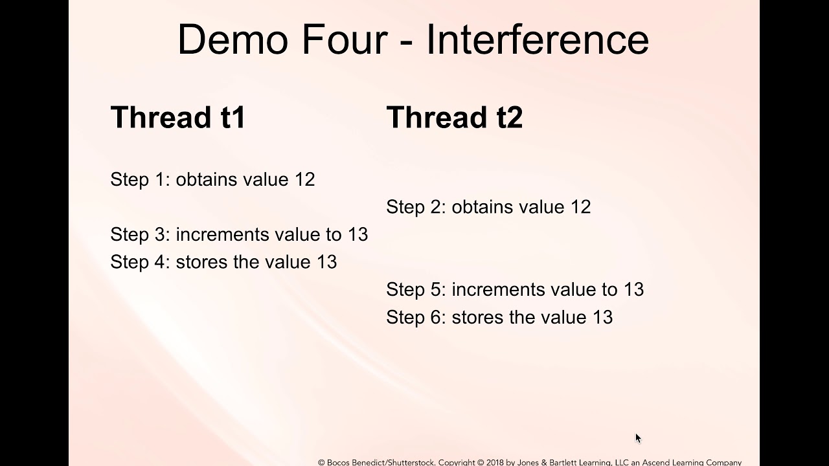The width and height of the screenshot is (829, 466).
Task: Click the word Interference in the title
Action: pyautogui.click(x=537, y=39)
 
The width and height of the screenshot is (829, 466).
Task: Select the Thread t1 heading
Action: pyautogui.click(x=178, y=118)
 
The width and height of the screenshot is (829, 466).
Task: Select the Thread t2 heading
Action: pyautogui.click(x=454, y=118)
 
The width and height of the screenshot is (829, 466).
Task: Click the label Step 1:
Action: pyautogui.click(x=140, y=179)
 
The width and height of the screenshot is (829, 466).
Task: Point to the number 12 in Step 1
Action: pyautogui.click(x=304, y=179)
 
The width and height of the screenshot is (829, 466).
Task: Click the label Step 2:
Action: pyautogui.click(x=416, y=207)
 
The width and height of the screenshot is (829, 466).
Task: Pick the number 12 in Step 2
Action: pyautogui.click(x=580, y=207)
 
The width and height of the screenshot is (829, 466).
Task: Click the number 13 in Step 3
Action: pyautogui.click(x=358, y=234)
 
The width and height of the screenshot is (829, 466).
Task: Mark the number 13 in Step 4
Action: pyautogui.click(x=326, y=262)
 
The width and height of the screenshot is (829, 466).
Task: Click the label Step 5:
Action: pyautogui.click(x=416, y=289)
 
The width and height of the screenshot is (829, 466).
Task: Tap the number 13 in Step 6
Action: pyautogui.click(x=602, y=317)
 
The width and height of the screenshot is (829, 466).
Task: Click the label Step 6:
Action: pyautogui.click(x=416, y=317)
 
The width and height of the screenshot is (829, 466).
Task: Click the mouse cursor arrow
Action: pyautogui.click(x=638, y=438)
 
